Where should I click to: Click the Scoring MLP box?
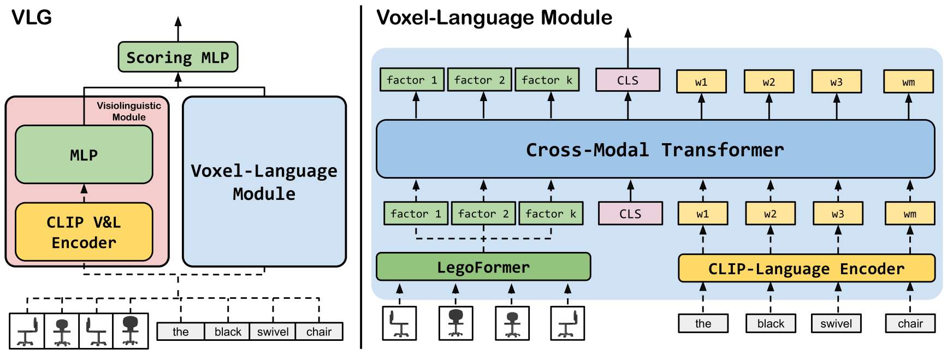(177, 57)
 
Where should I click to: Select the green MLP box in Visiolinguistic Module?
(84, 155)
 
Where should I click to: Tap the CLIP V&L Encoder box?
(84, 232)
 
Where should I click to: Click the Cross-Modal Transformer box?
(655, 149)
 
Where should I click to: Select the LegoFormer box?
(483, 267)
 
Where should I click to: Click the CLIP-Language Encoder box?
(806, 268)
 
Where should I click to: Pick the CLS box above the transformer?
(628, 80)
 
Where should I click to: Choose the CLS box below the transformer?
(630, 214)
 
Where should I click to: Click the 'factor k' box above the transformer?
(547, 80)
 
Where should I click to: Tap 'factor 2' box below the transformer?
(483, 214)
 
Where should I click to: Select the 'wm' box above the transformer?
(908, 82)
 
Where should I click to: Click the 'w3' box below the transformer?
(838, 214)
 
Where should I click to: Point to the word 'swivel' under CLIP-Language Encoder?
(836, 323)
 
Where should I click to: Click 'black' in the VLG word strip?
(227, 332)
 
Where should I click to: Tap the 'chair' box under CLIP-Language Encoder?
(910, 323)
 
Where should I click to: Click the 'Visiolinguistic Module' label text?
(129, 111)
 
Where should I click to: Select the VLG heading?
(32, 17)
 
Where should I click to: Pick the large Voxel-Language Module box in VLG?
(264, 181)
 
